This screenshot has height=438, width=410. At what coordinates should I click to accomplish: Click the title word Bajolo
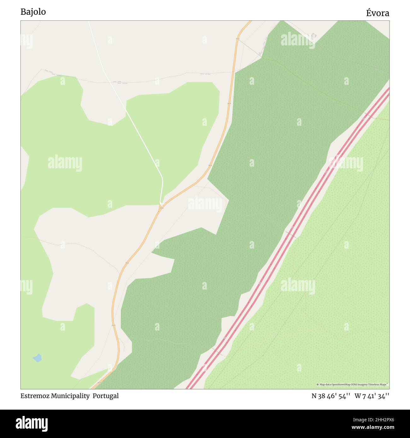point(33,12)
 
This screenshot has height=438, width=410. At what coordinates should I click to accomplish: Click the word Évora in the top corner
point(378,13)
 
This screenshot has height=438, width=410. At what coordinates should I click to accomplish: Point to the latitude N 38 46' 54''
point(331,396)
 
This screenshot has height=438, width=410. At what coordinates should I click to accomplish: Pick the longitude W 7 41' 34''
point(372,396)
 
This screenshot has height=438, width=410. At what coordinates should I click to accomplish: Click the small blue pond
point(37,358)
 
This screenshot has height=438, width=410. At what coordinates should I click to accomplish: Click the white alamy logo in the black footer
point(32,423)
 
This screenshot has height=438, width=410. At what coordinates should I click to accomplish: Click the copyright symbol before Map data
point(318,384)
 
